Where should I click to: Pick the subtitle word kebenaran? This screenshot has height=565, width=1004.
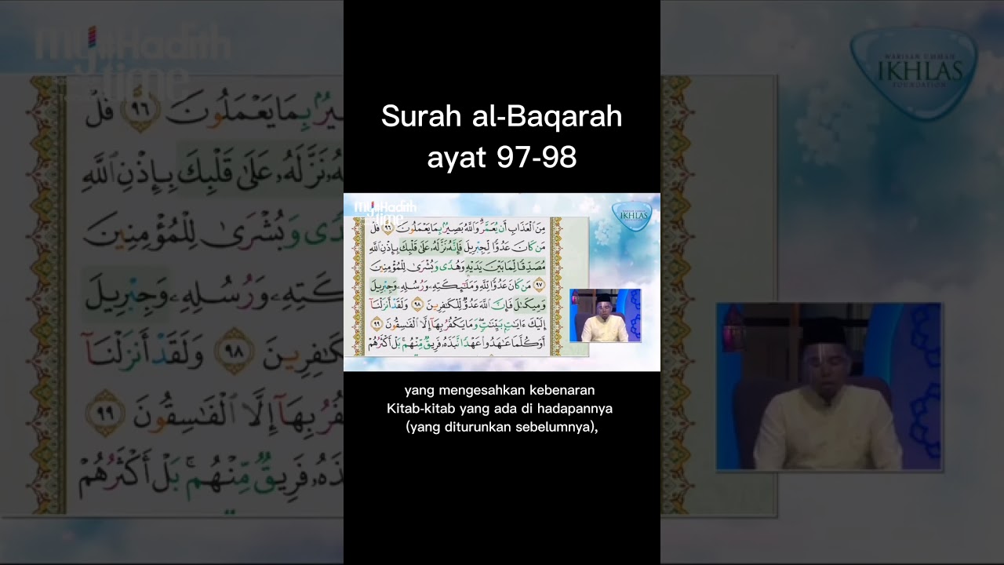(566, 390)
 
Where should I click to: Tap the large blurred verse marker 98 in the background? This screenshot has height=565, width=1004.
(232, 350)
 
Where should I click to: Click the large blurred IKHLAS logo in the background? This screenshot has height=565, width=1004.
(913, 72)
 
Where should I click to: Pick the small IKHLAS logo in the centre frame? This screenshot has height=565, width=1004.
(631, 214)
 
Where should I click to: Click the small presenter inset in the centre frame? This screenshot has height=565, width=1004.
(605, 315)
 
